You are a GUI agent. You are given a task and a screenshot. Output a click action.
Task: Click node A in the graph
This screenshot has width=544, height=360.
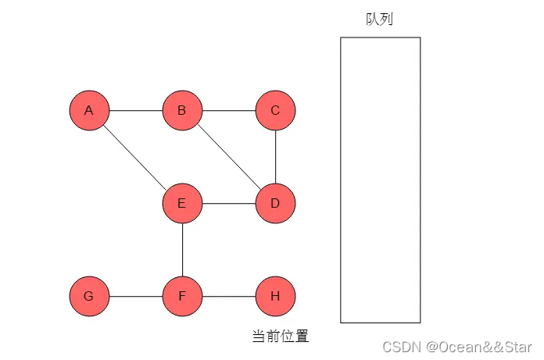click(89, 111)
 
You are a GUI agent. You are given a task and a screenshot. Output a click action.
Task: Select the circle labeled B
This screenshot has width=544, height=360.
click(182, 111)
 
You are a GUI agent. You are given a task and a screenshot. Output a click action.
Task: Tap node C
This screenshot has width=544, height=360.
click(275, 111)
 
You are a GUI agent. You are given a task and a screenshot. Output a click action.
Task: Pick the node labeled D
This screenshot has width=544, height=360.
click(275, 204)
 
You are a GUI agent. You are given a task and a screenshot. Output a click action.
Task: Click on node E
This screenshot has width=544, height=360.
click(182, 204)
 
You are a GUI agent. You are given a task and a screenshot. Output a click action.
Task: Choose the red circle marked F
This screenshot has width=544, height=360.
click(182, 297)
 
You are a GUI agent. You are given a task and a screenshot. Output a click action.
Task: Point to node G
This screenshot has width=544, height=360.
click(89, 297)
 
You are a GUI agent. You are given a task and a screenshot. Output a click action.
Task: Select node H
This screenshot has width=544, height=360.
click(275, 297)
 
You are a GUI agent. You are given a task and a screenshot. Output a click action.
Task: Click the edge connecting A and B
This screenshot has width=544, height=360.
click(135, 111)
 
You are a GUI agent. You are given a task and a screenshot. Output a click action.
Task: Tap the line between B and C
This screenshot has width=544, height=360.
click(228, 111)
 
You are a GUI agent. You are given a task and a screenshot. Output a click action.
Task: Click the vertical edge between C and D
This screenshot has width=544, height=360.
click(275, 157)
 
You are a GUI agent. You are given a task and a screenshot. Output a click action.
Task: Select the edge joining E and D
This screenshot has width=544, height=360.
click(228, 204)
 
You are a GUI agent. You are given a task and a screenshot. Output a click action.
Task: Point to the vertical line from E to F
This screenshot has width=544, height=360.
click(182, 250)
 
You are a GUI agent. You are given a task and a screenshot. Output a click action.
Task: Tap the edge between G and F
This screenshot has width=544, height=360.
click(135, 297)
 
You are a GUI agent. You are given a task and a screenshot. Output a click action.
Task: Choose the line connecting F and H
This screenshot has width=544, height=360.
click(228, 297)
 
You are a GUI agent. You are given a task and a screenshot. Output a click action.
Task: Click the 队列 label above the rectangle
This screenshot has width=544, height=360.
click(379, 20)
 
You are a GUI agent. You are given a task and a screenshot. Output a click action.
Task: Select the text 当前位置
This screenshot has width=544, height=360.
click(280, 337)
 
